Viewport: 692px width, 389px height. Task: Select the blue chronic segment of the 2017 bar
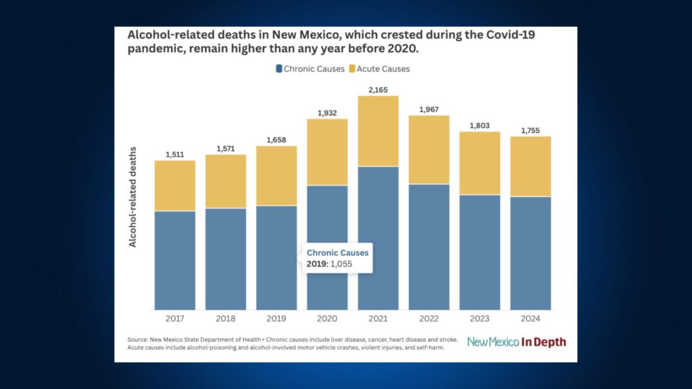175,260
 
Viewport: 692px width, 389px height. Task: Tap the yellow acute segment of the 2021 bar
378,131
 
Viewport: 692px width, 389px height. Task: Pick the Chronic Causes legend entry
310,69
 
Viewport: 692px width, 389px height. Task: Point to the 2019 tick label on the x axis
276,318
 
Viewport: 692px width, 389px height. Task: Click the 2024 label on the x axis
530,318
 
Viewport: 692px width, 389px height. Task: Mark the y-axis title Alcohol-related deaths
133,197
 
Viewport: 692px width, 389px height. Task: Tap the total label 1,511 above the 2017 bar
175,153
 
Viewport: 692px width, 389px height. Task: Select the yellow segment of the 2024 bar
530,166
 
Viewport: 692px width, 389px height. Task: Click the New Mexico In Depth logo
516,342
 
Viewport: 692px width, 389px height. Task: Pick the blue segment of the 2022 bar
429,247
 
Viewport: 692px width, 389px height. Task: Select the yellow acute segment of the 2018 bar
226,181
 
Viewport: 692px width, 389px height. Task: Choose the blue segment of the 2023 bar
480,252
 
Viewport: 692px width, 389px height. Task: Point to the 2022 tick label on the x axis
429,318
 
